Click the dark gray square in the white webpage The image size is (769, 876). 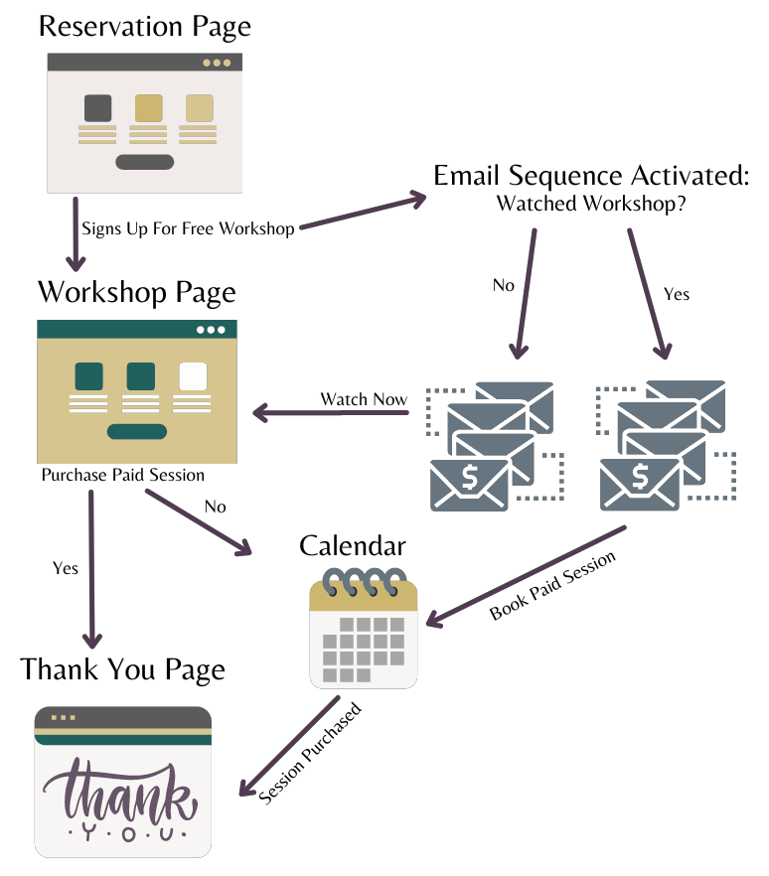tap(97, 107)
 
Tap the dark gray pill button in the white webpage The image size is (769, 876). tap(144, 162)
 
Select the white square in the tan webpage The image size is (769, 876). tap(193, 376)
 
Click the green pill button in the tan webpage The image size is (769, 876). tap(137, 431)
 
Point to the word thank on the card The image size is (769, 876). tap(119, 789)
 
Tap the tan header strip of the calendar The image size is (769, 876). tap(364, 597)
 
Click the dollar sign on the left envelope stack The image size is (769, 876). tap(469, 478)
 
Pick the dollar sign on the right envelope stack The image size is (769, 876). tap(640, 478)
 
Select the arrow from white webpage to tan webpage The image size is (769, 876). tap(76, 233)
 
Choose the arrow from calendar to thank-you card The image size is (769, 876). tap(289, 746)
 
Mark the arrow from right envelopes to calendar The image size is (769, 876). tap(526, 575)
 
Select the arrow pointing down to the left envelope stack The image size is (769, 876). tap(526, 293)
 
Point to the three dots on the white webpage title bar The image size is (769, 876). tap(217, 63)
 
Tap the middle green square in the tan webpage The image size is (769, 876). tap(140, 376)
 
